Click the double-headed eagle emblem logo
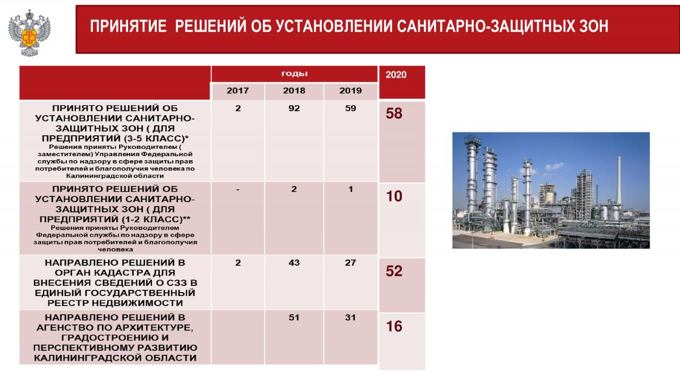[x=29, y=33]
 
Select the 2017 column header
[x=237, y=91]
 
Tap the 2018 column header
[x=294, y=91]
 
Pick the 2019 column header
[x=350, y=91]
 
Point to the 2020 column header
[x=396, y=75]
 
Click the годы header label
[x=294, y=74]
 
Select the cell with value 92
[x=294, y=108]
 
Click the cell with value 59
[x=350, y=108]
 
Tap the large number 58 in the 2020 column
[x=394, y=113]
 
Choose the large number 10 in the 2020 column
[x=394, y=196]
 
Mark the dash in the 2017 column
[x=237, y=190]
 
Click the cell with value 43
[x=294, y=263]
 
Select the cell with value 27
[x=350, y=263]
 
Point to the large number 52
[x=394, y=271]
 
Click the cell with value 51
[x=294, y=317]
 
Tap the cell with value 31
[x=350, y=317]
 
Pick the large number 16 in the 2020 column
[x=394, y=327]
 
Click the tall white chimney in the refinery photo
[x=619, y=181]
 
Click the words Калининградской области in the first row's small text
[x=115, y=176]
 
